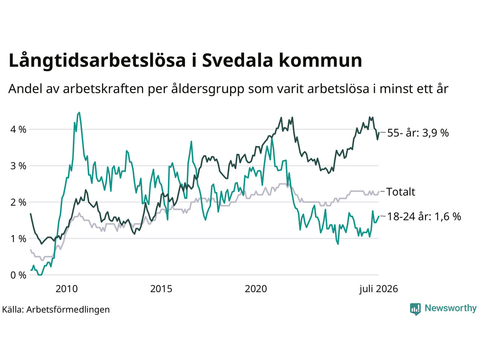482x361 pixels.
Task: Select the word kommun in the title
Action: (320, 60)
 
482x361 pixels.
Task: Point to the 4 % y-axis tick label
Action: (18, 129)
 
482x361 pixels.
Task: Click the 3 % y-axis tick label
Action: (18, 166)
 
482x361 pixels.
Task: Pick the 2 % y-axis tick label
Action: (18, 202)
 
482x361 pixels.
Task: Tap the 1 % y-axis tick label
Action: (18, 238)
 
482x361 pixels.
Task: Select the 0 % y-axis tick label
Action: (18, 275)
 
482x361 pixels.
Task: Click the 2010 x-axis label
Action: (67, 289)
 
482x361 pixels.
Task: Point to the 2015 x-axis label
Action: (161, 289)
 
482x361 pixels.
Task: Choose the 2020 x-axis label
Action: (256, 289)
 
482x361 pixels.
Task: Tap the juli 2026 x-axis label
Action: (378, 289)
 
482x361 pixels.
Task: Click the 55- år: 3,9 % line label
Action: (418, 133)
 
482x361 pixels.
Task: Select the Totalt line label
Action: (401, 192)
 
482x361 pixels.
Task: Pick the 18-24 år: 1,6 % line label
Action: (424, 217)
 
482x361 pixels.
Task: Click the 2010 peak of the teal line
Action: (79, 112)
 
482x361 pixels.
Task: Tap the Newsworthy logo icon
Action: (415, 309)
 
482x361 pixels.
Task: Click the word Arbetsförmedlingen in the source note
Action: (68, 309)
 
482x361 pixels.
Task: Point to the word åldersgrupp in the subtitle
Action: (208, 89)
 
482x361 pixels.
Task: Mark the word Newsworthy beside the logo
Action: (451, 308)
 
